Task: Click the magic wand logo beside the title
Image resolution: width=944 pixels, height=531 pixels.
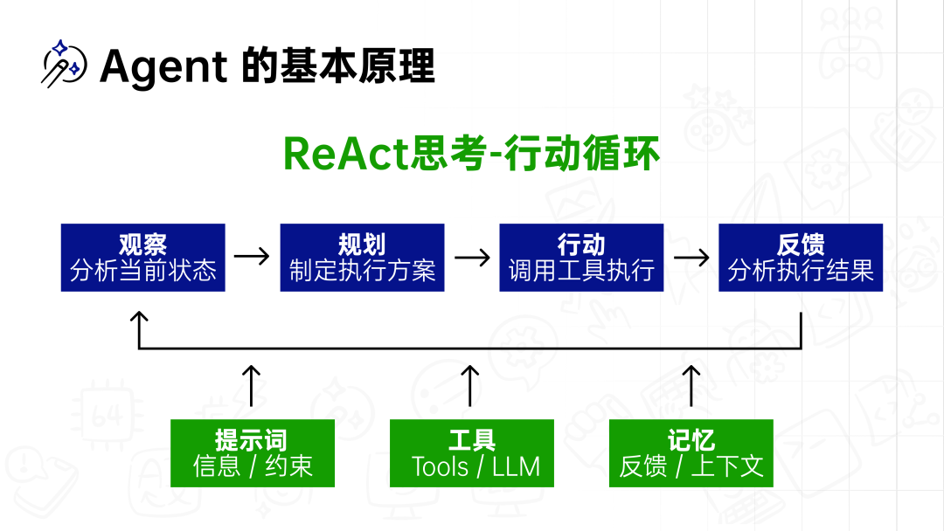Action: pyautogui.click(x=64, y=64)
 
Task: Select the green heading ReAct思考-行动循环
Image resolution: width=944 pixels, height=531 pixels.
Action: pyautogui.click(x=471, y=154)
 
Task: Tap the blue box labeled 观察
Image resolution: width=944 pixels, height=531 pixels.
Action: pyautogui.click(x=142, y=258)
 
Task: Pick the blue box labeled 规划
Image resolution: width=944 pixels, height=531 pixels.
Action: pyautogui.click(x=362, y=258)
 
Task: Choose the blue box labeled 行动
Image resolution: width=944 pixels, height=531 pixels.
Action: pyautogui.click(x=581, y=258)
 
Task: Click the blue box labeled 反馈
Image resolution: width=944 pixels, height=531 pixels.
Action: pyautogui.click(x=801, y=258)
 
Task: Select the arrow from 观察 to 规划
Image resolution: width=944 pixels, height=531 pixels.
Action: pyautogui.click(x=252, y=257)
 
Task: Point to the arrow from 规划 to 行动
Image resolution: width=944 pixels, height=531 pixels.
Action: pyautogui.click(x=472, y=257)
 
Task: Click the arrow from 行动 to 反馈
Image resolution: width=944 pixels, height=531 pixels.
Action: pyautogui.click(x=691, y=257)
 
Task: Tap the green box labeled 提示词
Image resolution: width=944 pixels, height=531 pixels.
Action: pyautogui.click(x=253, y=453)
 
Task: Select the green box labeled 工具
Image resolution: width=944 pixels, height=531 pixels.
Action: pyautogui.click(x=472, y=453)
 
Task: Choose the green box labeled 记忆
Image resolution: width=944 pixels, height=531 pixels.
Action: pyautogui.click(x=691, y=453)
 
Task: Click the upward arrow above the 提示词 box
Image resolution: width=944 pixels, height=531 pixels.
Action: pyautogui.click(x=251, y=385)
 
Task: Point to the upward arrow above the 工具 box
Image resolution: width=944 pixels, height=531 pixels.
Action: pyautogui.click(x=470, y=385)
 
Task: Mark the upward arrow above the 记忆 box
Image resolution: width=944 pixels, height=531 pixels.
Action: pyautogui.click(x=691, y=385)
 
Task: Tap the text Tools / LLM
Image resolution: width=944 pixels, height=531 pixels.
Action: pyautogui.click(x=475, y=466)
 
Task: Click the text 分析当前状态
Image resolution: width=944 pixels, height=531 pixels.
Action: pyautogui.click(x=142, y=270)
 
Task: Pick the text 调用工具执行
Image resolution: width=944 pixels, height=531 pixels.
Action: pyautogui.click(x=581, y=270)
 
